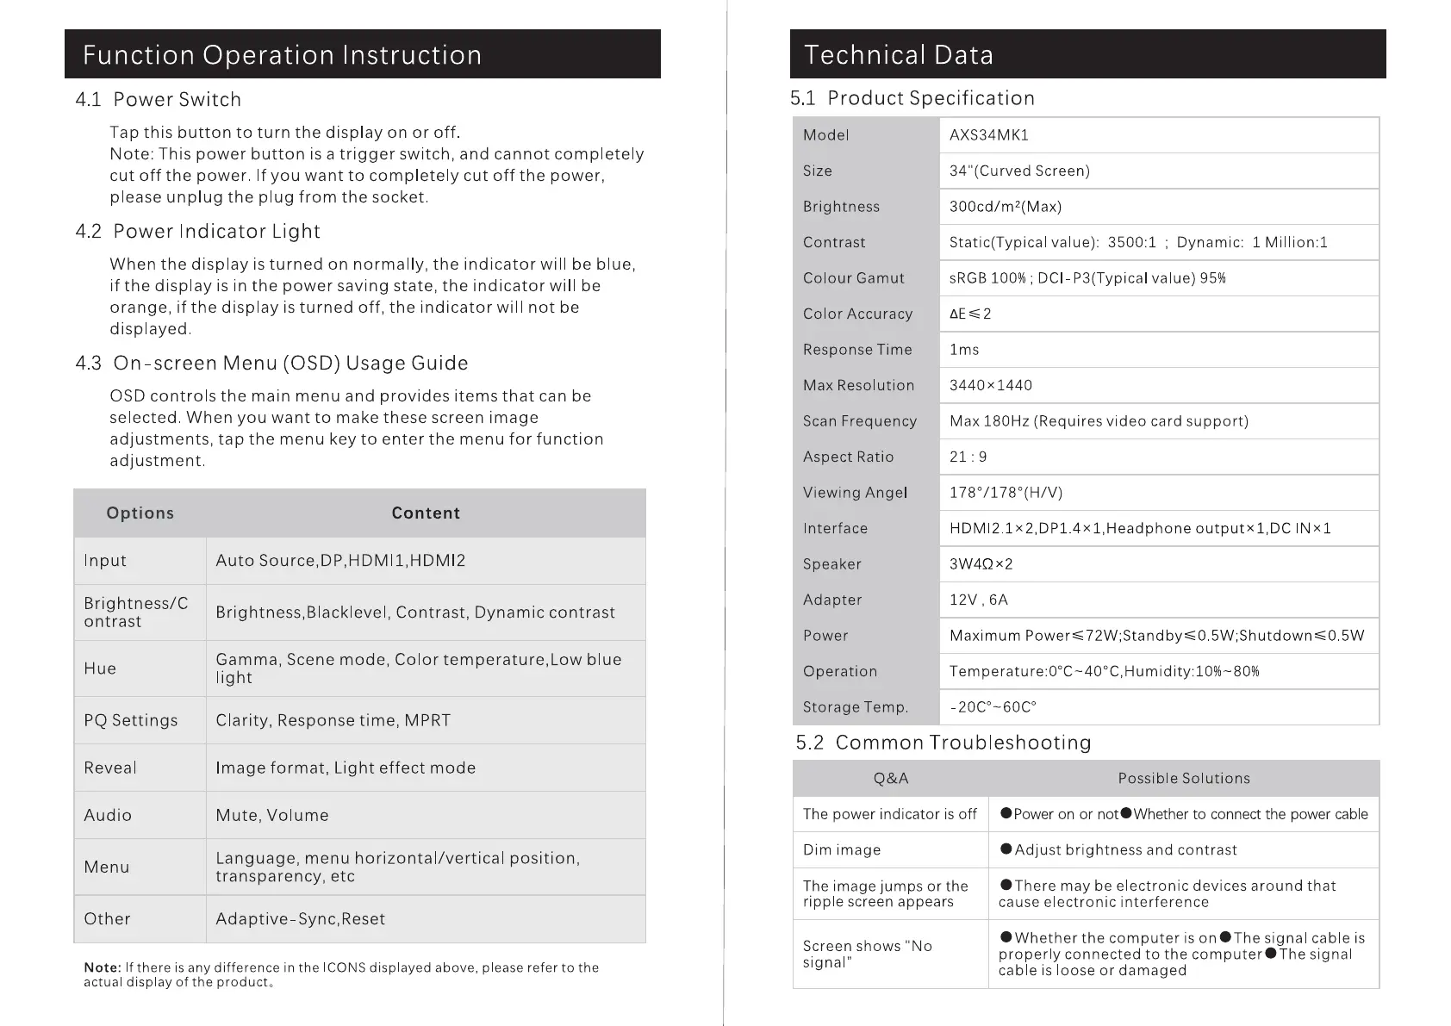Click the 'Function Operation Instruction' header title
[282, 55]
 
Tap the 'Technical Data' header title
[898, 55]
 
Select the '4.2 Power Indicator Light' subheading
[198, 232]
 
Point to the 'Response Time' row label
[856, 350]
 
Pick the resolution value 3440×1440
[990, 385]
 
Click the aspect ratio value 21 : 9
[968, 457]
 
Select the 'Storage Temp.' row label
[855, 707]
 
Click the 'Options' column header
[140, 513]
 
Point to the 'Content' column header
[426, 513]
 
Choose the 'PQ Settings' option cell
[130, 720]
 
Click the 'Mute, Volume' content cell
[271, 815]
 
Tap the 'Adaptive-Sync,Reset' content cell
[300, 919]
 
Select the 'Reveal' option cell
[109, 768]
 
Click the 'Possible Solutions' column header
[1183, 779]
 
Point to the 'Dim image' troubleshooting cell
[841, 850]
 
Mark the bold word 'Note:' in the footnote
[102, 967]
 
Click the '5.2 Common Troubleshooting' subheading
[943, 743]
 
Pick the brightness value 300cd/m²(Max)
[1005, 207]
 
